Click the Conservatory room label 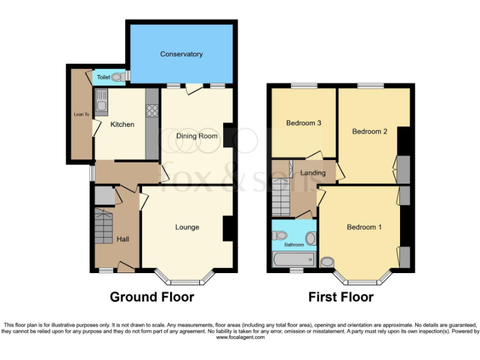coord(181,54)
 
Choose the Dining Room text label coord(196,136)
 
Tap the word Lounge coord(187,227)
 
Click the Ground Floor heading coord(152,297)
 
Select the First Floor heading coord(341,297)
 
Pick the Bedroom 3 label coord(304,123)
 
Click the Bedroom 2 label coord(369,131)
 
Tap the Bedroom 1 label coord(364,227)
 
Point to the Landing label coord(312,172)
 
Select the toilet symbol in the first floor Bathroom coord(279,236)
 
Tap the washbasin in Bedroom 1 coord(326,261)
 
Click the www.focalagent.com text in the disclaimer coord(240,337)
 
